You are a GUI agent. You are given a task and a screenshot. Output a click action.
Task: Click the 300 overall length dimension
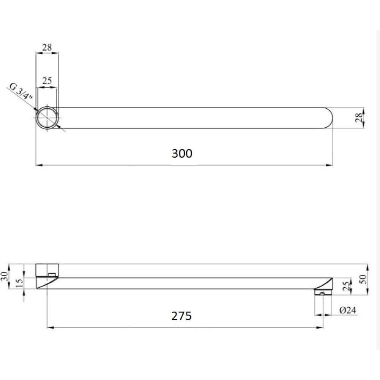(x=182, y=154)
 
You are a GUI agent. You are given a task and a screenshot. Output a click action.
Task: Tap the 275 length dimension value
(x=181, y=316)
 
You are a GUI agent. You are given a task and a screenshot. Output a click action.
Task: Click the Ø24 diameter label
(x=348, y=310)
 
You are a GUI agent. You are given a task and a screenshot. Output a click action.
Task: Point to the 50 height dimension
(x=363, y=279)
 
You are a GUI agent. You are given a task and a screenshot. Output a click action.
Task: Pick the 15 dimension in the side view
(x=20, y=283)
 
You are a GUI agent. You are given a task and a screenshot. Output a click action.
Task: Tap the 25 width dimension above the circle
(x=47, y=80)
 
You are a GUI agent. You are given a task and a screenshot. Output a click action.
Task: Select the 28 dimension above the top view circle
(x=47, y=47)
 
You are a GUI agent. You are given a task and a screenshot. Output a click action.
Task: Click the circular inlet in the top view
(x=47, y=118)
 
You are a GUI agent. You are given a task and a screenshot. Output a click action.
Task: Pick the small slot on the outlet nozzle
(x=322, y=293)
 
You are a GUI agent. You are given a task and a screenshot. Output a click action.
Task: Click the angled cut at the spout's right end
(x=327, y=283)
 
